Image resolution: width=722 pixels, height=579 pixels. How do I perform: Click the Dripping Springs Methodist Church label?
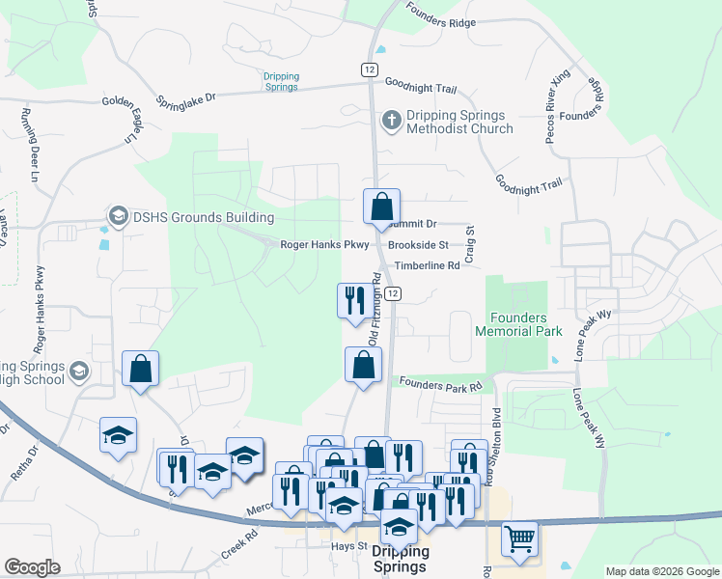coord(459,122)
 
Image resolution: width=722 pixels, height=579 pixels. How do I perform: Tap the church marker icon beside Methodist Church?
coord(391,121)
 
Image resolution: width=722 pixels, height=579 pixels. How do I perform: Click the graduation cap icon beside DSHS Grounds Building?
coord(119,214)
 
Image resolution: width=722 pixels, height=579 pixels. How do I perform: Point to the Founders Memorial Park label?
coord(518,324)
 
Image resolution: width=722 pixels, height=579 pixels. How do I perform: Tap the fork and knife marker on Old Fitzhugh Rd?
coord(354,301)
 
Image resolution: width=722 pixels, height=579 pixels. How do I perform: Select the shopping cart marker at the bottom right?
coord(519,540)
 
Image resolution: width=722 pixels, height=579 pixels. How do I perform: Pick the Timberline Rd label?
coord(425,265)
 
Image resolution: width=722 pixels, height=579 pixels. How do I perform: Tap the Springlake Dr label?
coord(186,99)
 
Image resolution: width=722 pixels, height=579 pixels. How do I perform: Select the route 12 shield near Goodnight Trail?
coord(369,69)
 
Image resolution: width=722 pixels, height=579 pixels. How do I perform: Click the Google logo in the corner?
coord(32,567)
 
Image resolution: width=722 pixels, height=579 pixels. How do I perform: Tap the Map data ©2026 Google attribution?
coord(661,571)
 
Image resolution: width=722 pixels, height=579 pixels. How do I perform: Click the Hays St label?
coord(349,546)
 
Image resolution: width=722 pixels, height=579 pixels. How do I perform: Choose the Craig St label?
coord(470,244)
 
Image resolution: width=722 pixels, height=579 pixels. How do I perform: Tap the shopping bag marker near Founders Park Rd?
coord(363,366)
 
